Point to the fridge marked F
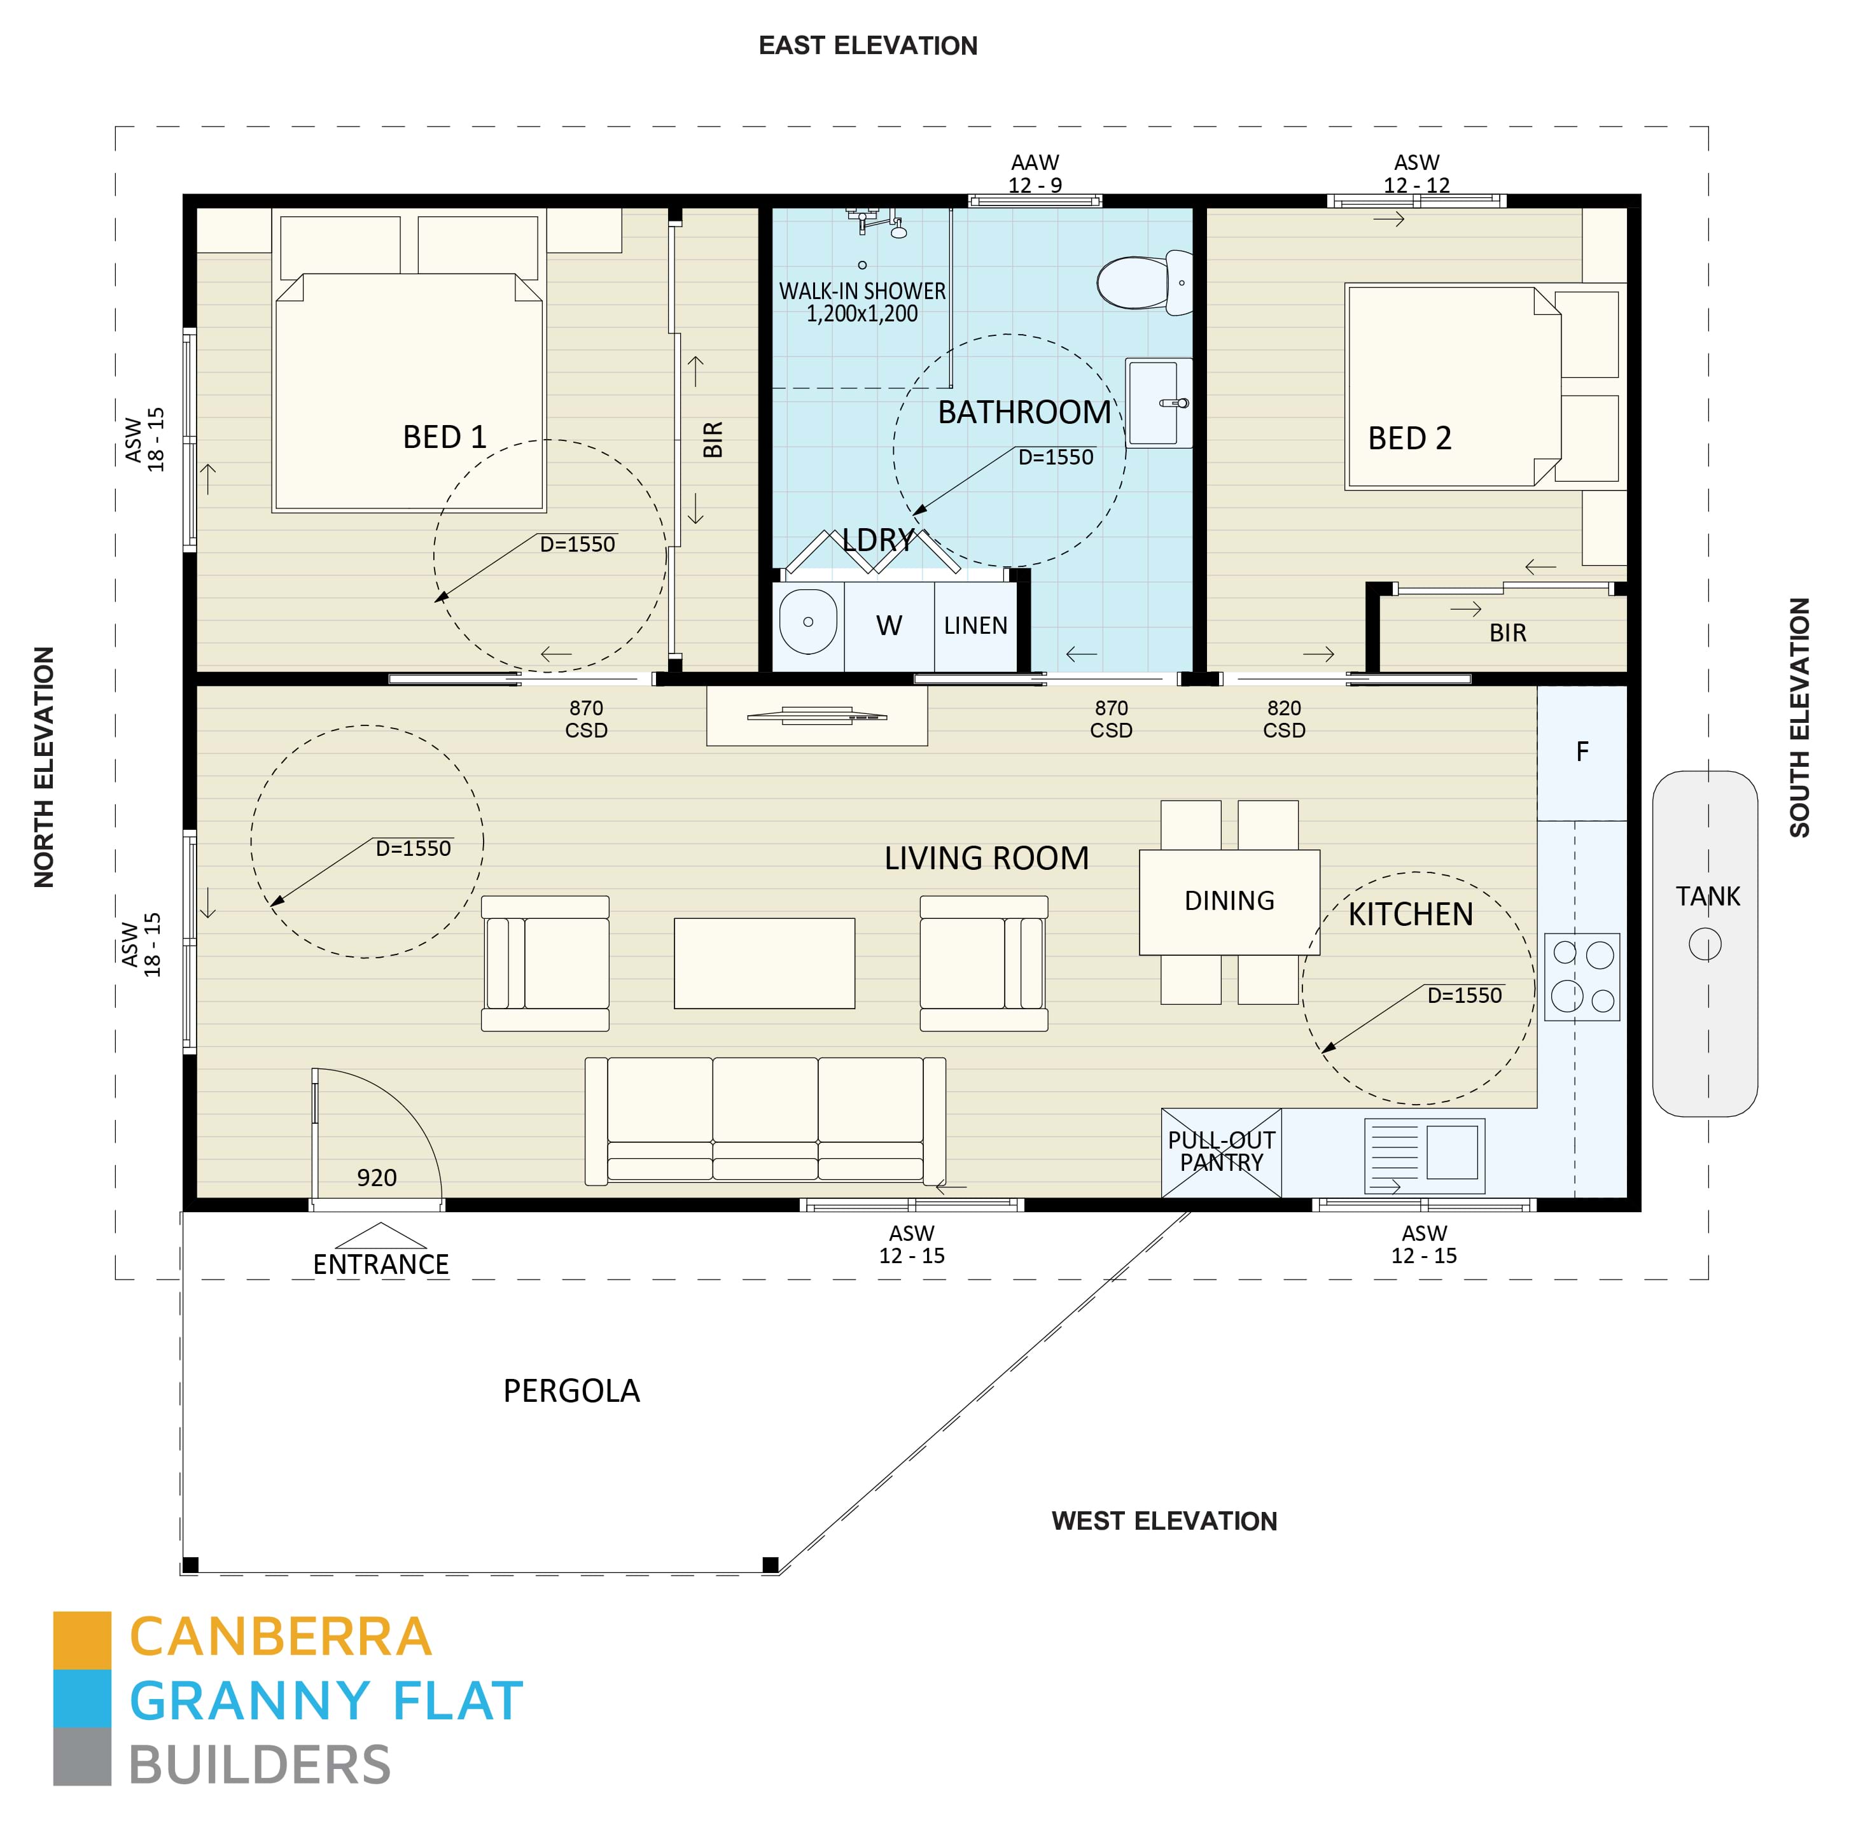pyautogui.click(x=1581, y=752)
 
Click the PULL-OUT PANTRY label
pyautogui.click(x=1221, y=1150)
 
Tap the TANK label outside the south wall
pyautogui.click(x=1706, y=897)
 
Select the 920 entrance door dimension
pyautogui.click(x=377, y=1177)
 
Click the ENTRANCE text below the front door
pyautogui.click(x=380, y=1264)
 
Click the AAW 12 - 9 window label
pyautogui.click(x=1035, y=174)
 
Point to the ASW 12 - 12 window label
pyautogui.click(x=1416, y=174)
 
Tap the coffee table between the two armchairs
pyautogui.click(x=764, y=963)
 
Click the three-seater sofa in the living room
pyautogui.click(x=764, y=1119)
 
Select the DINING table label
pyautogui.click(x=1229, y=900)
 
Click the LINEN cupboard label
pyautogui.click(x=975, y=626)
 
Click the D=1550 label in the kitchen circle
pyautogui.click(x=1464, y=995)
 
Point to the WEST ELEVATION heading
pyautogui.click(x=1163, y=1521)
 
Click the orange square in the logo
pyautogui.click(x=82, y=1639)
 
